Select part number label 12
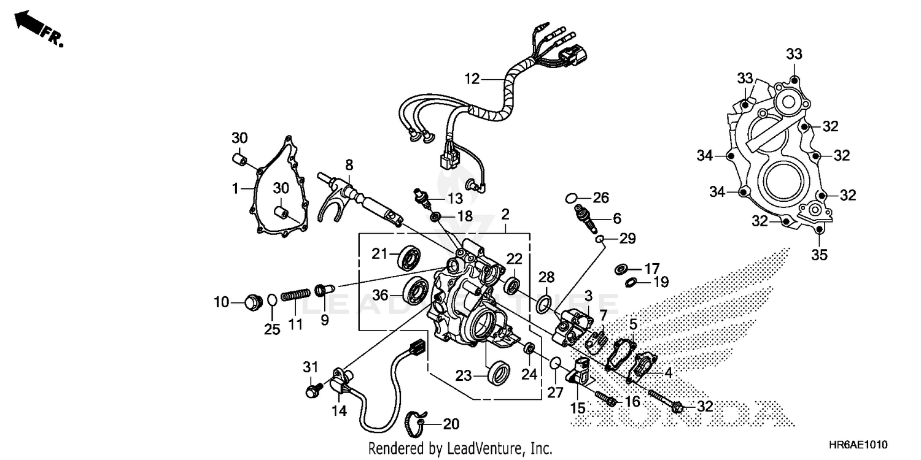coord(472,79)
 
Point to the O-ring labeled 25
coord(271,300)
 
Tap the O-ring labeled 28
coord(542,303)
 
